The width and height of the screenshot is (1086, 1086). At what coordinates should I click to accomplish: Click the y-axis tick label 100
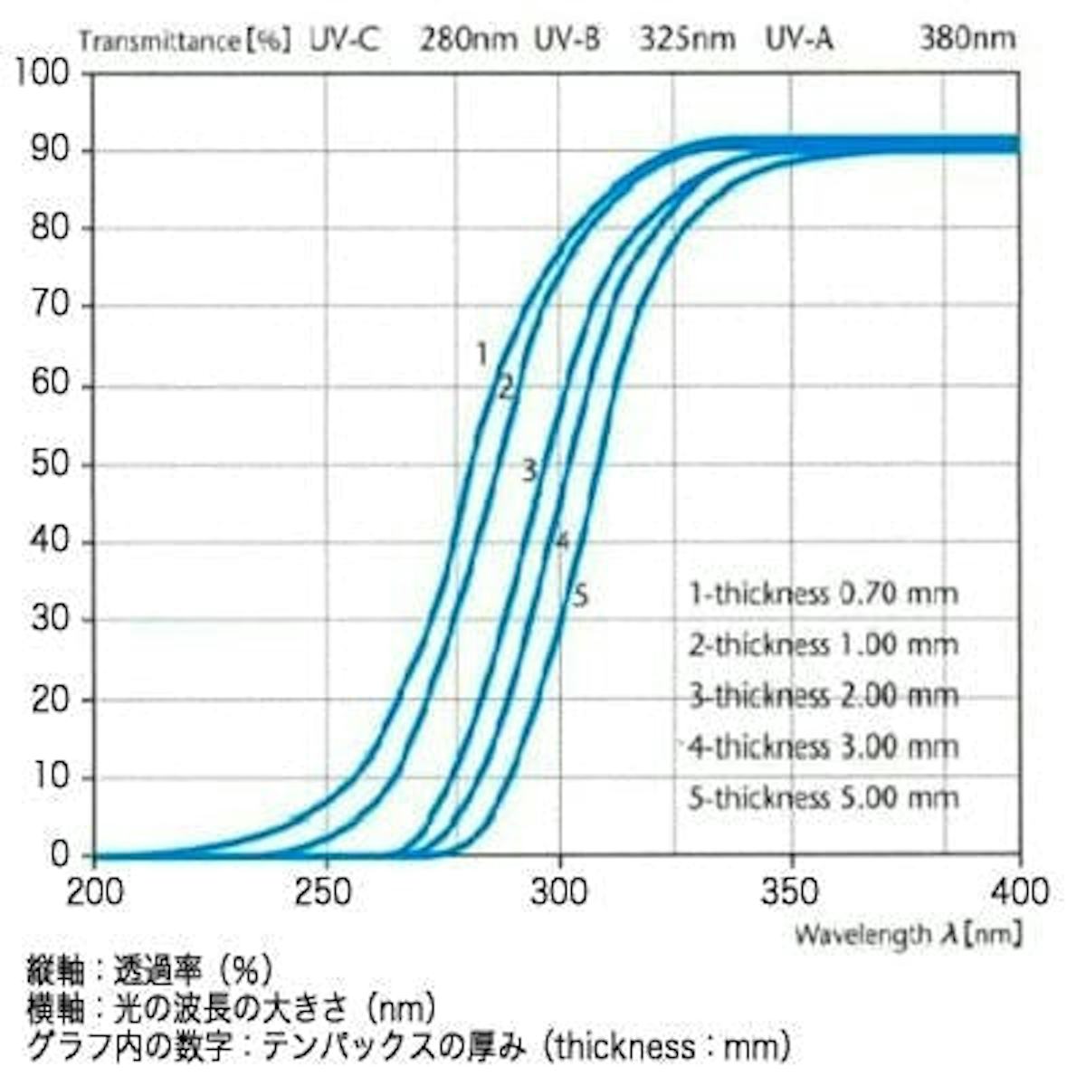pos(43,72)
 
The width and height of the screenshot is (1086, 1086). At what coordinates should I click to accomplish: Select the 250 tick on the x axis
pos(324,891)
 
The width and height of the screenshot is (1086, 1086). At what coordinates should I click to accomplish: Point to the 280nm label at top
pos(468,40)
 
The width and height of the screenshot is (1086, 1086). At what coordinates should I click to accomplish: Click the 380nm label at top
pos(967,39)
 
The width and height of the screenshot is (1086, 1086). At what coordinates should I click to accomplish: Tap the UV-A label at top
pos(799,40)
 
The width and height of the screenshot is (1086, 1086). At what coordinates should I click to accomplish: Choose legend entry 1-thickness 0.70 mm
pos(823,594)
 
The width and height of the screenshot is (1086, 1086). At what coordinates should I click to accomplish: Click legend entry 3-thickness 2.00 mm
pos(823,696)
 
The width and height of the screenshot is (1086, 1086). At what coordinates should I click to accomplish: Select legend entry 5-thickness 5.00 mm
pos(823,798)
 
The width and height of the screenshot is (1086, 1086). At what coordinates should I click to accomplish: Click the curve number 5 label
pos(581,596)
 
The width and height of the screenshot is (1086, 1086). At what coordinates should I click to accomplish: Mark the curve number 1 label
pos(482,354)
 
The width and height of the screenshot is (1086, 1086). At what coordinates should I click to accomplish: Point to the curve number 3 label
pos(529,470)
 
